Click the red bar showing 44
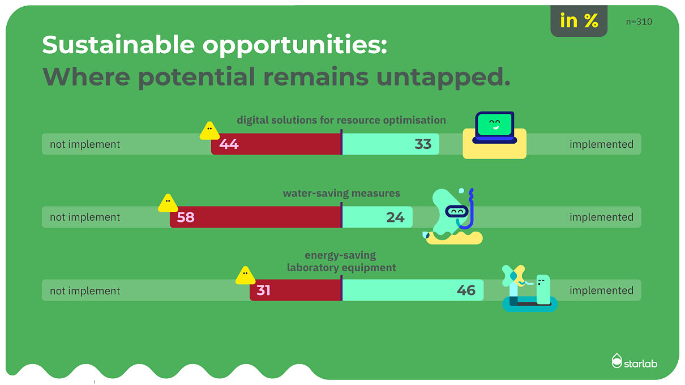coord(276,144)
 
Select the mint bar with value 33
coord(391,144)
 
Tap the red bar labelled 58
coord(256,217)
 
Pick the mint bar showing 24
coord(377,217)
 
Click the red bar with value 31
coord(296,290)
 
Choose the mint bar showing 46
coord(413,290)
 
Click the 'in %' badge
coord(579,22)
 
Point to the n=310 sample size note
coord(639,22)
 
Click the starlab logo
coord(635,361)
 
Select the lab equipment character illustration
coord(529,289)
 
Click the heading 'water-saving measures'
coord(341,194)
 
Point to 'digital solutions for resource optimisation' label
coord(341,120)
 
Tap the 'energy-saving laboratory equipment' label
coord(341,262)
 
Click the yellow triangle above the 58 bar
coord(168,203)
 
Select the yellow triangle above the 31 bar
coord(245,276)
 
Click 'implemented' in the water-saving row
coord(601,217)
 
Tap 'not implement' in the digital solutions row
coord(85,144)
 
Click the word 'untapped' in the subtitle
coord(443,77)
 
